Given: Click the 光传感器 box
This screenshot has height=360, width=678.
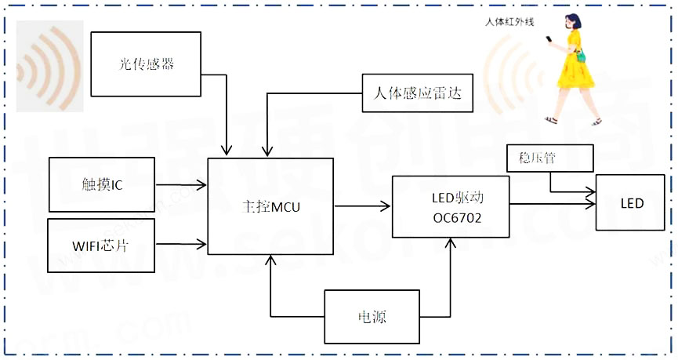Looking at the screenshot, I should (147, 64).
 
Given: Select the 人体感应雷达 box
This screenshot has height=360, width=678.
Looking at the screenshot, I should (413, 96).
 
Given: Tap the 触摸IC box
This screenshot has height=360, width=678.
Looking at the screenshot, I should (102, 184).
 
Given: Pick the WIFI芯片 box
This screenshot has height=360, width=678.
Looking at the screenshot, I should (102, 245).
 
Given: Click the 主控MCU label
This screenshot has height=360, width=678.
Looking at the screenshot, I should (270, 207).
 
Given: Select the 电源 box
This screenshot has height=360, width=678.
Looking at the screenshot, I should (372, 317).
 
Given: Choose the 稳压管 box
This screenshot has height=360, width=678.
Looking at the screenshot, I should (537, 158).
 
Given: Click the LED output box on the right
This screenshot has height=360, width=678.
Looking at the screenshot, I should (631, 203).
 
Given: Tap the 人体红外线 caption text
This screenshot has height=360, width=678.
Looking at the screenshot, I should (509, 22).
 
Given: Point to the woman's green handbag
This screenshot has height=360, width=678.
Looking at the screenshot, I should (581, 56).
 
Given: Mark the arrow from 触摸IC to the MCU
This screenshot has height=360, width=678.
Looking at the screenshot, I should (181, 185).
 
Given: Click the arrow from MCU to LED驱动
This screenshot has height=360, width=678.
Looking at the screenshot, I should (362, 207).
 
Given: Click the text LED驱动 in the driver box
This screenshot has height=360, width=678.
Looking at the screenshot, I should (458, 197).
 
